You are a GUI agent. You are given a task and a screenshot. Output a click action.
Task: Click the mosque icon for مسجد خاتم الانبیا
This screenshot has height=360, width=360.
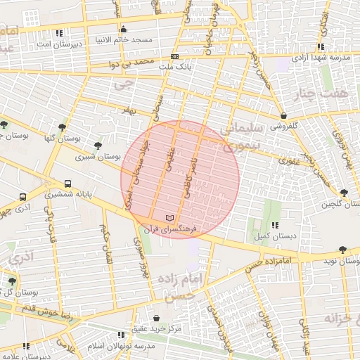tap(124, 30)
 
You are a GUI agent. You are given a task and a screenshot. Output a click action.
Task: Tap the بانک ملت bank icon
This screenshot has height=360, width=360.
tap(174, 56)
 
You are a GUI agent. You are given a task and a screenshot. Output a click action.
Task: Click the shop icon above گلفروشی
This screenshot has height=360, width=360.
tap(283, 116)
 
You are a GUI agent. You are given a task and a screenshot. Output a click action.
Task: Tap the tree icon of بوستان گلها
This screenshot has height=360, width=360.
tap(63, 127)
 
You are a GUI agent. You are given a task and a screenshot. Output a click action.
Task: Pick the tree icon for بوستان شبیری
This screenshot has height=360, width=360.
tap(97, 146)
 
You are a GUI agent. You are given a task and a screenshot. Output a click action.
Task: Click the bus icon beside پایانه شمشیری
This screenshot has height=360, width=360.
tap(23, 198)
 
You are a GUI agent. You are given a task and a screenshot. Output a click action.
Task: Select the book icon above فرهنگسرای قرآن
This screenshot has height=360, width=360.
tap(167, 217)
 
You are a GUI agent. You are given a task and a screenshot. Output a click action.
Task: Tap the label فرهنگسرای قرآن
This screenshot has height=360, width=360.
tap(172, 229)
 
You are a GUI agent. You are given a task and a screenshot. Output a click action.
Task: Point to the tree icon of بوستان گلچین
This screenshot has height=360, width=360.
tap(343, 193)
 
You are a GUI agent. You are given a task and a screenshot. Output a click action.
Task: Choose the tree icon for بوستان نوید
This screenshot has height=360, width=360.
tap(342, 250)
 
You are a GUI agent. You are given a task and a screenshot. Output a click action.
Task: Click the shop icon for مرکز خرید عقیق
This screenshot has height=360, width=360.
tap(156, 319)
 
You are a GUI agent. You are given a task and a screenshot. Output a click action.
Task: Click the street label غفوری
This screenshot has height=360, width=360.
tap(288, 161)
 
